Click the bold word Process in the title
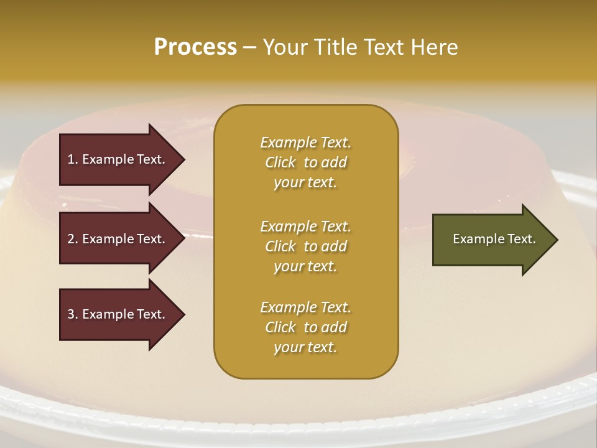pyautogui.click(x=195, y=47)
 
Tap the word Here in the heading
pyautogui.click(x=434, y=47)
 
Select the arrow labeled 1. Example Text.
pyautogui.click(x=118, y=159)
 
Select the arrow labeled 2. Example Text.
pyautogui.click(x=118, y=239)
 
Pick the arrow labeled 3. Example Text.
pyautogui.click(x=118, y=314)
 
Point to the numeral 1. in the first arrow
pyautogui.click(x=73, y=159)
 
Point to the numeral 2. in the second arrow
pyautogui.click(x=73, y=239)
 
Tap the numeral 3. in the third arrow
pyautogui.click(x=73, y=314)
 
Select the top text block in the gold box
pyautogui.click(x=305, y=162)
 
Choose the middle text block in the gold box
pyautogui.click(x=305, y=246)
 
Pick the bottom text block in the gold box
pyautogui.click(x=305, y=327)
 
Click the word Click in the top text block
pyautogui.click(x=280, y=162)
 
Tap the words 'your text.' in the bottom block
pyautogui.click(x=305, y=348)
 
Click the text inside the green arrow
pyautogui.click(x=494, y=239)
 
